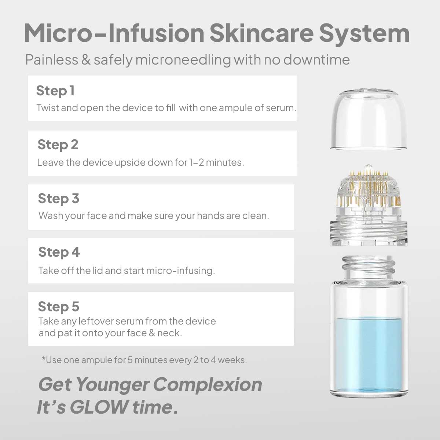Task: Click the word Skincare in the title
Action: (261, 33)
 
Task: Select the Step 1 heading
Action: (55, 91)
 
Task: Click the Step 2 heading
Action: (58, 145)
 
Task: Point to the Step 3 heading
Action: (59, 198)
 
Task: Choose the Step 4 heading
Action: (59, 252)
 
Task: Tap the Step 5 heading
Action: (59, 307)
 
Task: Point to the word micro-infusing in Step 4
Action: (180, 271)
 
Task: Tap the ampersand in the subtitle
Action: (86, 60)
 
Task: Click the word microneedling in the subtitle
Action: (183, 60)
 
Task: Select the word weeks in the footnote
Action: (232, 360)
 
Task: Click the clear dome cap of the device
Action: (368, 119)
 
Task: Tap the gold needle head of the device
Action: (368, 190)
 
